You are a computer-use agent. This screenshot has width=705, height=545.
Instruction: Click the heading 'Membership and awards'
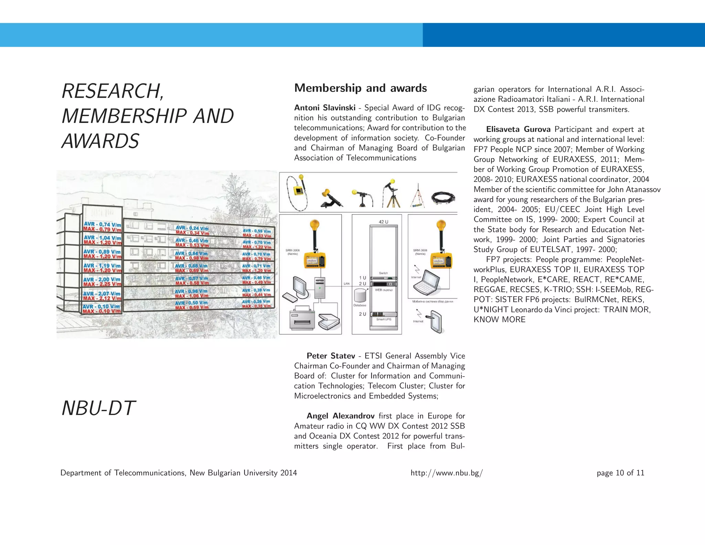[x=360, y=88]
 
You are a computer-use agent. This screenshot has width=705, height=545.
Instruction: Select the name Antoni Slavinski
[x=325, y=108]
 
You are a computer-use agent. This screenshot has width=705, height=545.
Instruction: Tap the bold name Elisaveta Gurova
[x=518, y=129]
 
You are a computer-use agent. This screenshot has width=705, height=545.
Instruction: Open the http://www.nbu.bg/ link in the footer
[x=446, y=473]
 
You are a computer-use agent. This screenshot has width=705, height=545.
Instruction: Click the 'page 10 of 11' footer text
[x=620, y=473]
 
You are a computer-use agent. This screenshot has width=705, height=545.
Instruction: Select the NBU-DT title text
[x=98, y=408]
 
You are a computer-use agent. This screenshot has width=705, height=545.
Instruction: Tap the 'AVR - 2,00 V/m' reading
[x=102, y=279]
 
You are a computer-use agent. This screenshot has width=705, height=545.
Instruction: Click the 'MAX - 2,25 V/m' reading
[x=102, y=285]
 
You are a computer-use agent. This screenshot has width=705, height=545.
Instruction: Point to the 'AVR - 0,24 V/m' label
[x=192, y=228]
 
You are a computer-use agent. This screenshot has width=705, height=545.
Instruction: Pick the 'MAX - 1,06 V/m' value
[x=191, y=296]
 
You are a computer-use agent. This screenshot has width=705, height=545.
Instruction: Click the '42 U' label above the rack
[x=383, y=222]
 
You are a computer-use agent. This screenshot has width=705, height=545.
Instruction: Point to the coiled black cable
[x=444, y=198]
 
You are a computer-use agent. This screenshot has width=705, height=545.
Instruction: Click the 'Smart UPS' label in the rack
[x=383, y=319]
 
